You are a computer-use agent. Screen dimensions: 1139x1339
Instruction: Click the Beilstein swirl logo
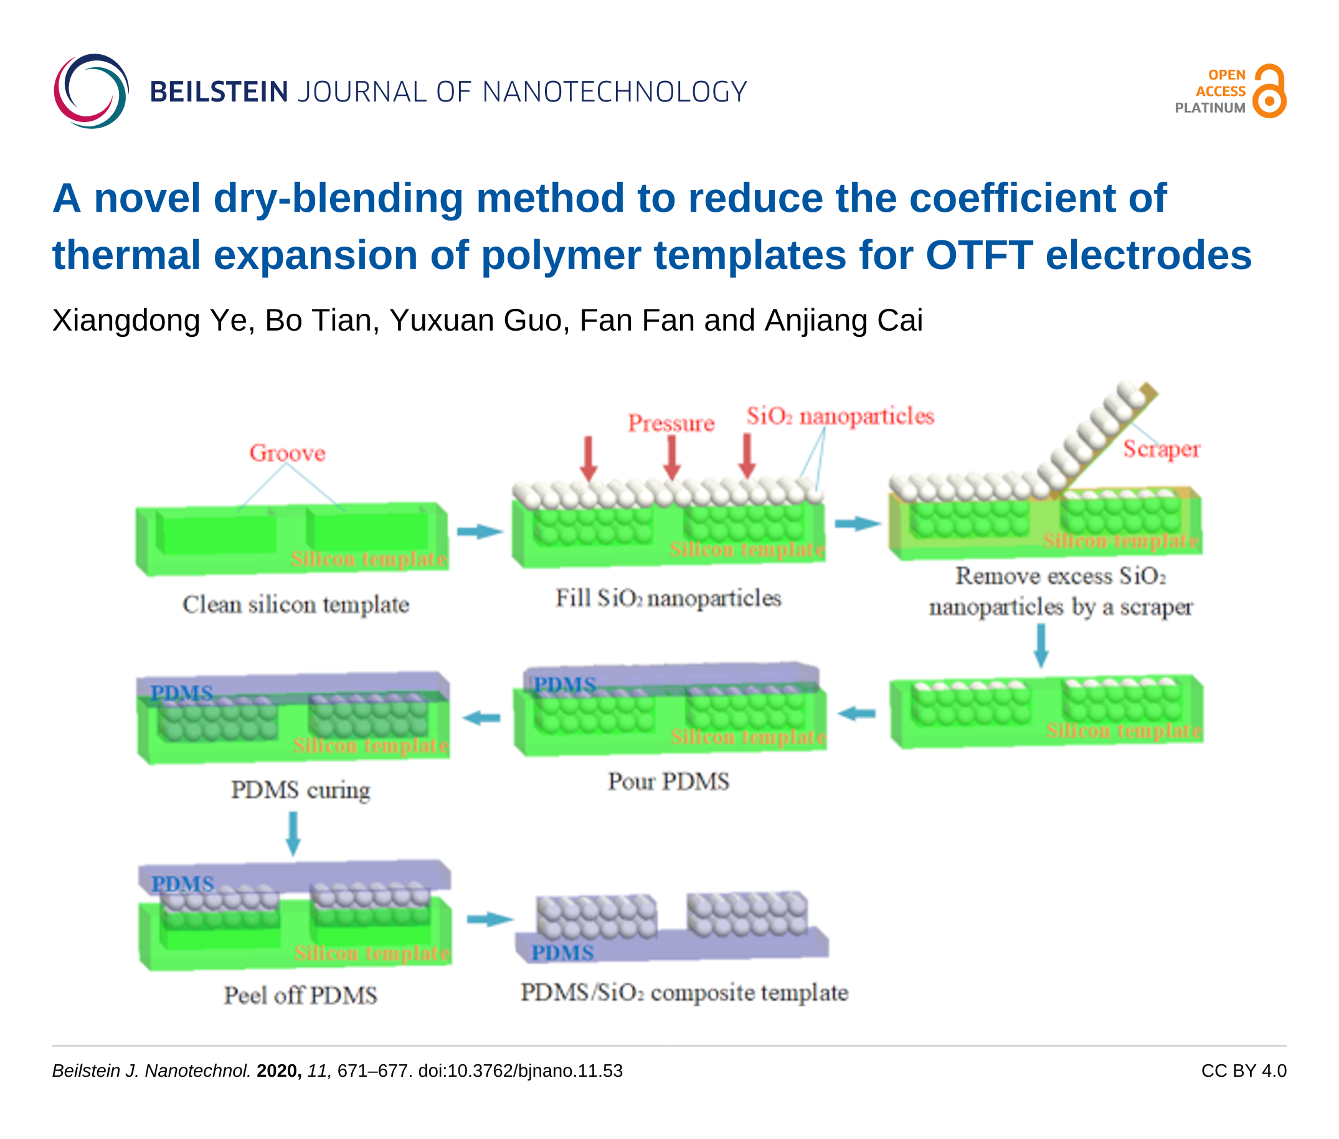91,91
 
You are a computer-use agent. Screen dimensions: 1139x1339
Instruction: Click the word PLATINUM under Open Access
1209,108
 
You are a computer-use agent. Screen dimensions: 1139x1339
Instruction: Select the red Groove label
287,453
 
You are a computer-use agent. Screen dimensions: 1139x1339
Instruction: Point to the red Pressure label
671,423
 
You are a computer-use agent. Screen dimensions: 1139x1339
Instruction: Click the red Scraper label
1161,449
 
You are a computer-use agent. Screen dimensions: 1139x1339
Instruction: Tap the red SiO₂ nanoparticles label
840,417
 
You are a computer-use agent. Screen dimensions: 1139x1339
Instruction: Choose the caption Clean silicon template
296,604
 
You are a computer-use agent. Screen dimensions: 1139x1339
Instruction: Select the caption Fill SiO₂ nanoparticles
668,598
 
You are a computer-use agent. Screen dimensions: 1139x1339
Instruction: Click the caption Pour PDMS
668,782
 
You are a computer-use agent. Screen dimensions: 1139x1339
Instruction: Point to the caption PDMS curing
300,790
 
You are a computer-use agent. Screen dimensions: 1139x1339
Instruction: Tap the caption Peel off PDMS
300,995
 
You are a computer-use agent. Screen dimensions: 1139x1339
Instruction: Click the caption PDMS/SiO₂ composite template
684,993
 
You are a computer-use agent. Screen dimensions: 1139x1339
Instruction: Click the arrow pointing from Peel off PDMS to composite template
490,919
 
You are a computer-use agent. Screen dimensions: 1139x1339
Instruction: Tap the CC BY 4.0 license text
1243,1070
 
